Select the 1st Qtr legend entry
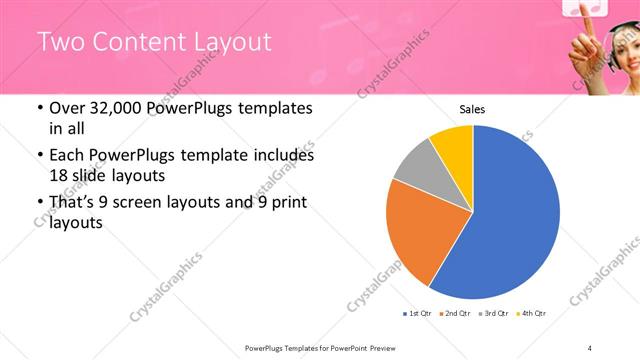(x=417, y=314)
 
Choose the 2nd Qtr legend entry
(x=457, y=314)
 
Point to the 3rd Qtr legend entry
(x=496, y=314)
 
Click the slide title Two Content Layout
(x=154, y=41)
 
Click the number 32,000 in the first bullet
(x=105, y=108)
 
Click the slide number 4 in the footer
(x=590, y=347)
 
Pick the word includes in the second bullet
(x=282, y=155)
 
